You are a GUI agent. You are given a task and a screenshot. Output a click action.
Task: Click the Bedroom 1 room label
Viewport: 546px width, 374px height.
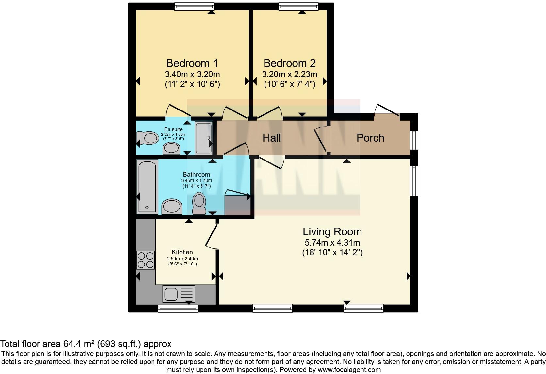click(192, 63)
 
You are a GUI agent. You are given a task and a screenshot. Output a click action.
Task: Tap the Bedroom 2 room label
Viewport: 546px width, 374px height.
click(290, 63)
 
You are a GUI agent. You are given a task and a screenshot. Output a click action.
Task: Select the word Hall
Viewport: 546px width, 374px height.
click(272, 138)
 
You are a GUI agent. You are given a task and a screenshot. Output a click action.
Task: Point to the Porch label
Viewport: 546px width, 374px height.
click(370, 138)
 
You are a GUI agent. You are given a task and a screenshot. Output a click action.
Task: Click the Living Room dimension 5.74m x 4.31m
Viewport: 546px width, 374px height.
click(332, 243)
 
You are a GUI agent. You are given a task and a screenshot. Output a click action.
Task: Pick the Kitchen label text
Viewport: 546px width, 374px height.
click(182, 252)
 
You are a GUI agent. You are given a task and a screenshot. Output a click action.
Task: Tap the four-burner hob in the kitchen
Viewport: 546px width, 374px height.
click(146, 260)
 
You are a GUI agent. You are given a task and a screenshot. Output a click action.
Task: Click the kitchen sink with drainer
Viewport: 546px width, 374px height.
click(179, 294)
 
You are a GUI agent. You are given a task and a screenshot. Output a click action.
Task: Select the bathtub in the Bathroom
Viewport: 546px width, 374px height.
click(147, 187)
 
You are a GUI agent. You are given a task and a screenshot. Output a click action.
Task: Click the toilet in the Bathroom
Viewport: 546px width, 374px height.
click(199, 203)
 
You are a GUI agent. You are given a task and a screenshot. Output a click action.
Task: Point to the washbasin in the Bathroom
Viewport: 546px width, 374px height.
click(171, 207)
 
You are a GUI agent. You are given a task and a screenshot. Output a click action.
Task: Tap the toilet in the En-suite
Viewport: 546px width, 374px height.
click(148, 138)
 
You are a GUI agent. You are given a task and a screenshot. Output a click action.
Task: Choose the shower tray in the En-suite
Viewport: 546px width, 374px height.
click(204, 138)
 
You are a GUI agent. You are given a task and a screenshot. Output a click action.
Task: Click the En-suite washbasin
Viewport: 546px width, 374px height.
click(171, 148)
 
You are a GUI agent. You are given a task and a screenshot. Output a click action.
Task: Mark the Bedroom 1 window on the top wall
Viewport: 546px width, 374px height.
click(194, 7)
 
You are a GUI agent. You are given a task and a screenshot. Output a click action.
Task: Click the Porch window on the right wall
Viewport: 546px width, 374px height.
click(414, 140)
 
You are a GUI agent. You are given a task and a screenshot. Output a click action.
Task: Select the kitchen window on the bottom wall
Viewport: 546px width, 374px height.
click(178, 308)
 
